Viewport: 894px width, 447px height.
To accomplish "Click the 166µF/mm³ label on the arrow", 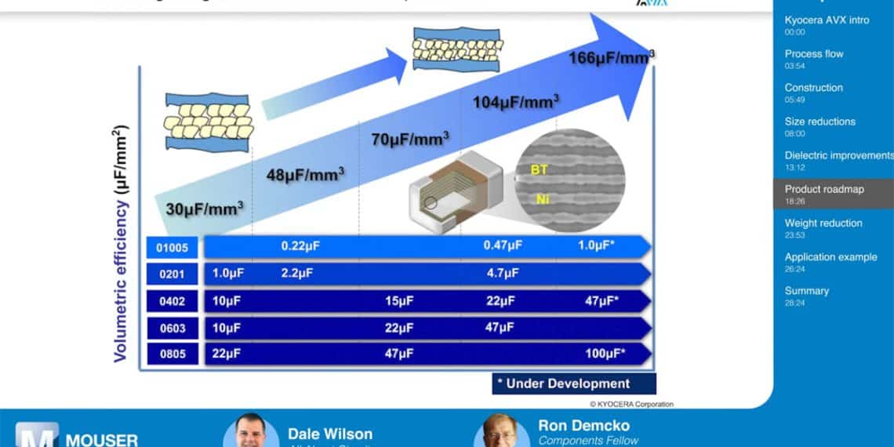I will point(612,56).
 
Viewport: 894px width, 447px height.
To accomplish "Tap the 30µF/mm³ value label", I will point(204,209).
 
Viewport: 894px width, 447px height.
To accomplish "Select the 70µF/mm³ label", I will point(409,139).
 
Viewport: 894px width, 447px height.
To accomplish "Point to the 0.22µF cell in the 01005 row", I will point(301,246).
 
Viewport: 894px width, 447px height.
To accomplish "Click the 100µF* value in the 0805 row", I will point(605,354).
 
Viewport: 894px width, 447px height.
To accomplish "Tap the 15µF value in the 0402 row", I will point(398,300).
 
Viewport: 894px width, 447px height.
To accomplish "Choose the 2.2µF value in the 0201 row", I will point(296,274).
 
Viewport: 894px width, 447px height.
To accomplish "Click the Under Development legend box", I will point(573,383).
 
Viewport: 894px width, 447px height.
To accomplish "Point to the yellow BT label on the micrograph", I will point(540,169).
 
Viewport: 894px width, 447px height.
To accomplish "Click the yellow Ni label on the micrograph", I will point(542,199).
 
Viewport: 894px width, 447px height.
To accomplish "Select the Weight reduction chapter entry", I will point(823,223).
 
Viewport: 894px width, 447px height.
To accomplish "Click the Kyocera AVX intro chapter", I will point(827,20).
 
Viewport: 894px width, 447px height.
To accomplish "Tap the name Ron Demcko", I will point(583,426).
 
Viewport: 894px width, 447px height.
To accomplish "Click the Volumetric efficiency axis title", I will point(121,243).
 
